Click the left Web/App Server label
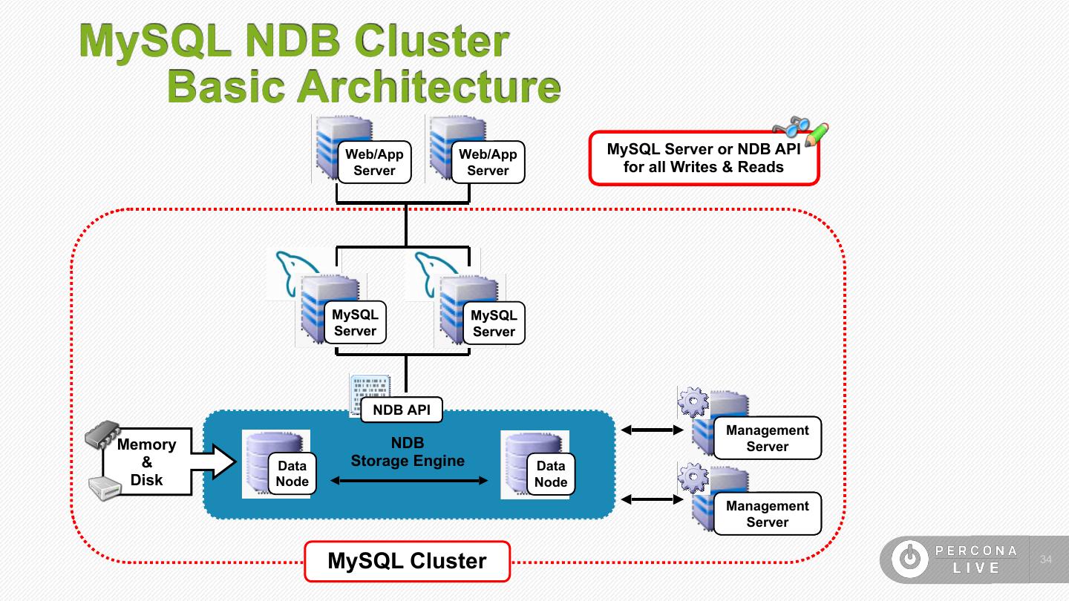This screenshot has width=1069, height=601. coord(374,162)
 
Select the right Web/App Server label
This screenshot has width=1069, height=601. coord(488,162)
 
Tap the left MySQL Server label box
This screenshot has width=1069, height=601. coord(355,323)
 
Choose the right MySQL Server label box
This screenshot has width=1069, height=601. coord(494,324)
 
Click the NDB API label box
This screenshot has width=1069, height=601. coord(402,410)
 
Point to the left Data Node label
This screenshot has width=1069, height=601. coord(292,474)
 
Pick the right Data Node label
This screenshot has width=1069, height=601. coord(550,474)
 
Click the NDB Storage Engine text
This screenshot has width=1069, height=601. coord(408,452)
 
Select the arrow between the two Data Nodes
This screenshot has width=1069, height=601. coord(409,481)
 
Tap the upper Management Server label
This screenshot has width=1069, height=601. coord(767,439)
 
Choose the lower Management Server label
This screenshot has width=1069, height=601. coord(767,514)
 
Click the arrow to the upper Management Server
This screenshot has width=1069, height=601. coord(652,430)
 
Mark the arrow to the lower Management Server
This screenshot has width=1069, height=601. coord(652,500)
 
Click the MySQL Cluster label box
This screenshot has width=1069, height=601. coord(408,562)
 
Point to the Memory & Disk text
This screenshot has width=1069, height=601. coord(146,462)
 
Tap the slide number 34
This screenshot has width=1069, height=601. coord(1047,559)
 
